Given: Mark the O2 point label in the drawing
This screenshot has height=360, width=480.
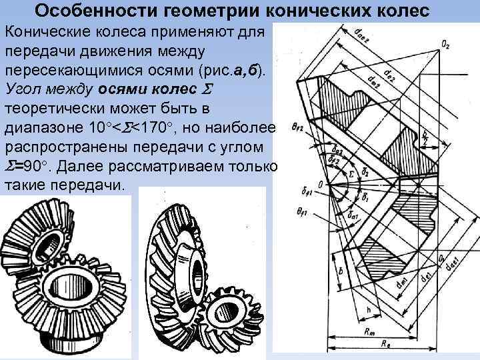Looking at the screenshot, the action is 444,46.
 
